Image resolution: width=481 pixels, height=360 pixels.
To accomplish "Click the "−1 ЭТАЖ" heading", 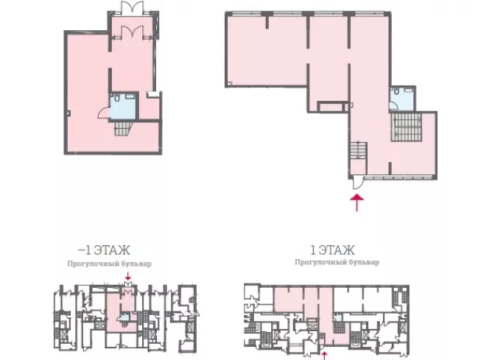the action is click(x=105, y=250).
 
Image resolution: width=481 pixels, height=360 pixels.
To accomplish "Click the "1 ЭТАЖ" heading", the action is click(x=332, y=250).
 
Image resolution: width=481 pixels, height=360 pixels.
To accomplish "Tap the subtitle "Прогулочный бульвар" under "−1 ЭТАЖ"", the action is click(x=110, y=264).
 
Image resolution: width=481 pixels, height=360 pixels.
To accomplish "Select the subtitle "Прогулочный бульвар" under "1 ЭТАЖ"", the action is click(x=337, y=262).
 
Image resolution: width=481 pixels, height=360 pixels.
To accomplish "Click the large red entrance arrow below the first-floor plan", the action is click(x=357, y=202).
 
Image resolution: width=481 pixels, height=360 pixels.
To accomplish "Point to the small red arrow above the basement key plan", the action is click(x=128, y=276).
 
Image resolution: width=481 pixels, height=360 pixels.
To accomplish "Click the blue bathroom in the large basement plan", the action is click(x=123, y=106).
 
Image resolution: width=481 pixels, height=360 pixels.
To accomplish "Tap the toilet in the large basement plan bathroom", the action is click(x=116, y=98).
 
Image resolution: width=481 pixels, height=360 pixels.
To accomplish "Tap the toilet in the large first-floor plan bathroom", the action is click(x=396, y=91).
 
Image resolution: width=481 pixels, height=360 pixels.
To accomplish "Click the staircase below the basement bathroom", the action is click(x=123, y=128).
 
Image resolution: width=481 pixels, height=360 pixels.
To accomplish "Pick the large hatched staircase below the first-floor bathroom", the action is click(x=406, y=127).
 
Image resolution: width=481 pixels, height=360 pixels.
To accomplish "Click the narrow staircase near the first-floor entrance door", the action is click(x=358, y=150).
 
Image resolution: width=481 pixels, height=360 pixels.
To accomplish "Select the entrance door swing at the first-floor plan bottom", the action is click(x=357, y=183).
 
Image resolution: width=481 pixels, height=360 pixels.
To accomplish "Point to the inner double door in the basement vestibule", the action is click(x=132, y=32).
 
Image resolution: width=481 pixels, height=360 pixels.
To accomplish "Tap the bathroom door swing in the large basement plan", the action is click(x=104, y=113).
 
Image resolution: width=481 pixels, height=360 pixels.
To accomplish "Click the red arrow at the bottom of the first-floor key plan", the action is click(x=324, y=356).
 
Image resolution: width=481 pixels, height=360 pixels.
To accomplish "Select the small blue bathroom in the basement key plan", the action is click(x=124, y=317).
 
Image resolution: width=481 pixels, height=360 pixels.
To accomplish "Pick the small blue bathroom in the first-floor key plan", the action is click(x=337, y=317).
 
